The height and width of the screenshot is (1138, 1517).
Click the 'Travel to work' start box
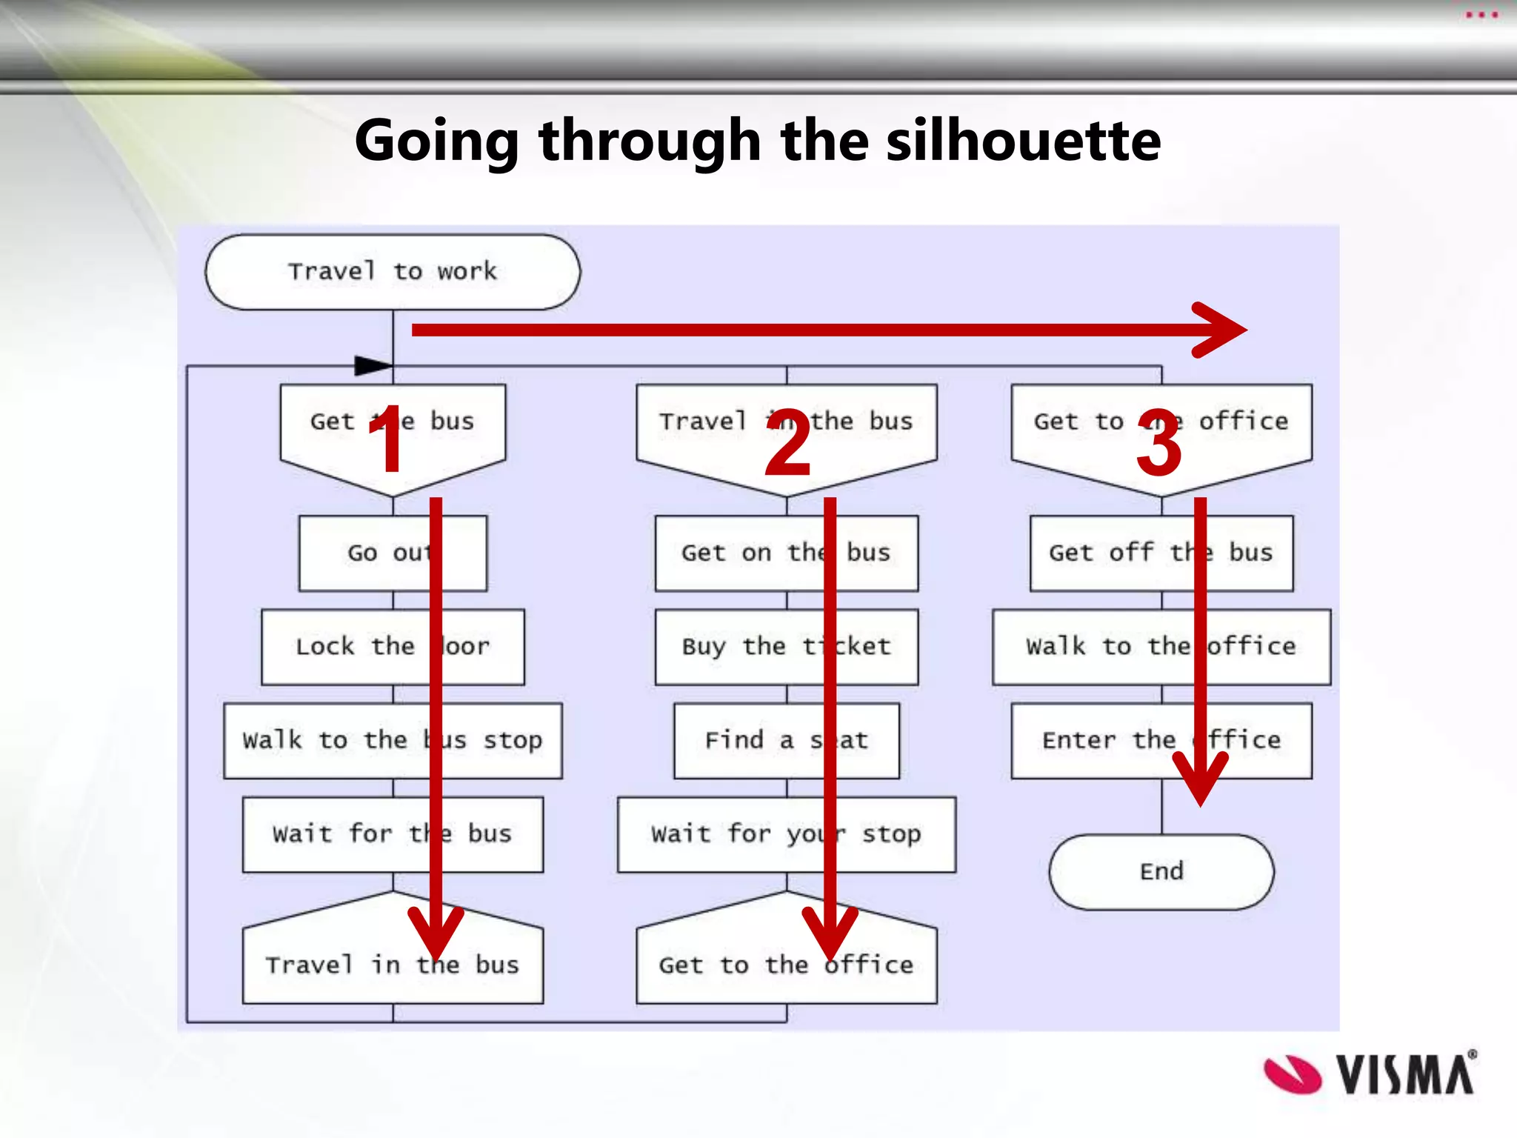(x=393, y=272)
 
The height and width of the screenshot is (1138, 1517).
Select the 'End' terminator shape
(x=1161, y=871)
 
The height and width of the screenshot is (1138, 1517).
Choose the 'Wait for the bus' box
(x=333, y=834)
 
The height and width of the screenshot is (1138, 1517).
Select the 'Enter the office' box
(x=1096, y=740)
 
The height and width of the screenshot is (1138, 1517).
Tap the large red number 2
(x=788, y=442)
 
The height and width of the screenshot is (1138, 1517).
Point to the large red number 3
(x=1159, y=442)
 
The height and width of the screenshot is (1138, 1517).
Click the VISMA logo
(x=1371, y=1074)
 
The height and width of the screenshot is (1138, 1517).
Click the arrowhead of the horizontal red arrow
(x=1222, y=330)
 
